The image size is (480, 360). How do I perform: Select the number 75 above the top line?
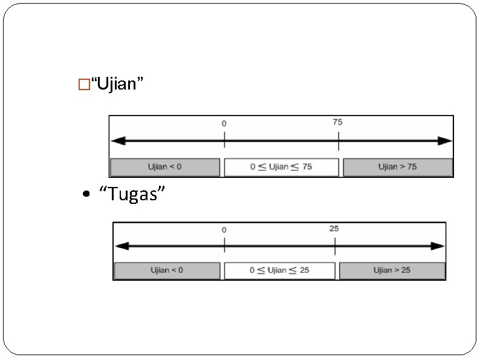[x=337, y=122]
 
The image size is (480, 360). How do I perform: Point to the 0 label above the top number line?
[x=224, y=123]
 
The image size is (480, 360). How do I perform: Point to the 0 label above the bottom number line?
[x=224, y=230]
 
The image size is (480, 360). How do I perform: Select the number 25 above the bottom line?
[x=334, y=228]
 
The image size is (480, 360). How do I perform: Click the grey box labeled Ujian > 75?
[x=398, y=167]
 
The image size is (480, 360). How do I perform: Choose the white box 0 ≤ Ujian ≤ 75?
[x=281, y=167]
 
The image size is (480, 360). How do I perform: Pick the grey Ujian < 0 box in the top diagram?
[x=164, y=167]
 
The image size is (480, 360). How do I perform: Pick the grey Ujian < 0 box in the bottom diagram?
[x=167, y=270]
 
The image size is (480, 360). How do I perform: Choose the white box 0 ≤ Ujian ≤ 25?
[x=279, y=270]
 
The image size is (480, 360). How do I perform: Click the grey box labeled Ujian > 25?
[x=392, y=270]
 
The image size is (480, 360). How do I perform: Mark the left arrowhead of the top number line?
[x=117, y=140]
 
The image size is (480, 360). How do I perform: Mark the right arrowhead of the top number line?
[x=446, y=140]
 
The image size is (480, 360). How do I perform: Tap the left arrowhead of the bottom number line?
[x=121, y=246]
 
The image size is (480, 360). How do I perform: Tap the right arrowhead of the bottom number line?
[x=439, y=246]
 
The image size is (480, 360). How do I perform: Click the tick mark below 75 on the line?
[x=339, y=141]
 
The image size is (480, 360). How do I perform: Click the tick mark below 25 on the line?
[x=335, y=246]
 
